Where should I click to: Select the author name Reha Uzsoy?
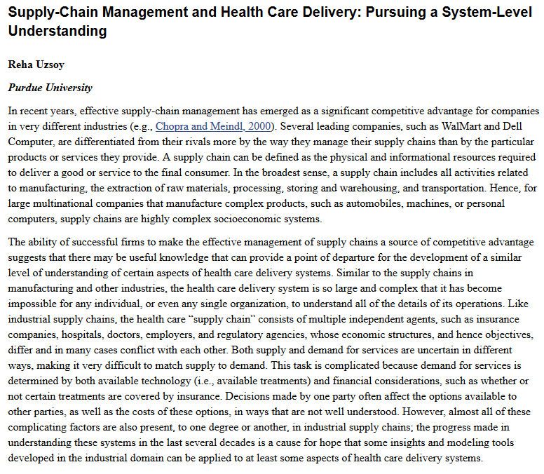click(36, 65)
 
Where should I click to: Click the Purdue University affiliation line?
click(50, 88)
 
